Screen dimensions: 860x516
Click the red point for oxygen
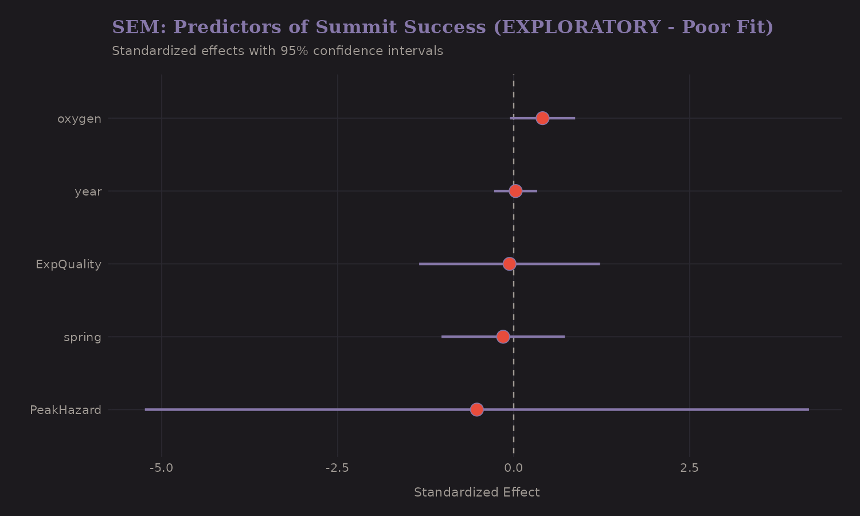coord(542,118)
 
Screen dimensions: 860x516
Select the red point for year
coord(515,191)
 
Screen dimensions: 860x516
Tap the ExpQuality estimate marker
coord(509,264)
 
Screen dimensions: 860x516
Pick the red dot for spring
coord(503,337)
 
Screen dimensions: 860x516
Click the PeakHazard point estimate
coord(476,409)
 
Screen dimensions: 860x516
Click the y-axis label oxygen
coord(79,119)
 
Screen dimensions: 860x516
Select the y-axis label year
coord(88,191)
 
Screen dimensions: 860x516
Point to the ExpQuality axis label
coord(68,264)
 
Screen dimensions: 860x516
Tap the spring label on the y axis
coord(83,337)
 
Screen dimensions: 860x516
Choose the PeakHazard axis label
coord(65,410)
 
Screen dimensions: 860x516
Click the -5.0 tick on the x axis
coord(161,468)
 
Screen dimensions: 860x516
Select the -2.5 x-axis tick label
coord(337,468)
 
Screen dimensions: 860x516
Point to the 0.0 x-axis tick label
coord(513,468)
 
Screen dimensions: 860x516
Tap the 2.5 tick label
coord(689,468)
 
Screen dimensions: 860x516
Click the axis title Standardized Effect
coord(476,492)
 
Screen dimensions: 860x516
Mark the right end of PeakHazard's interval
coord(808,409)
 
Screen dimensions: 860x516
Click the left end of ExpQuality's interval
coord(420,264)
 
